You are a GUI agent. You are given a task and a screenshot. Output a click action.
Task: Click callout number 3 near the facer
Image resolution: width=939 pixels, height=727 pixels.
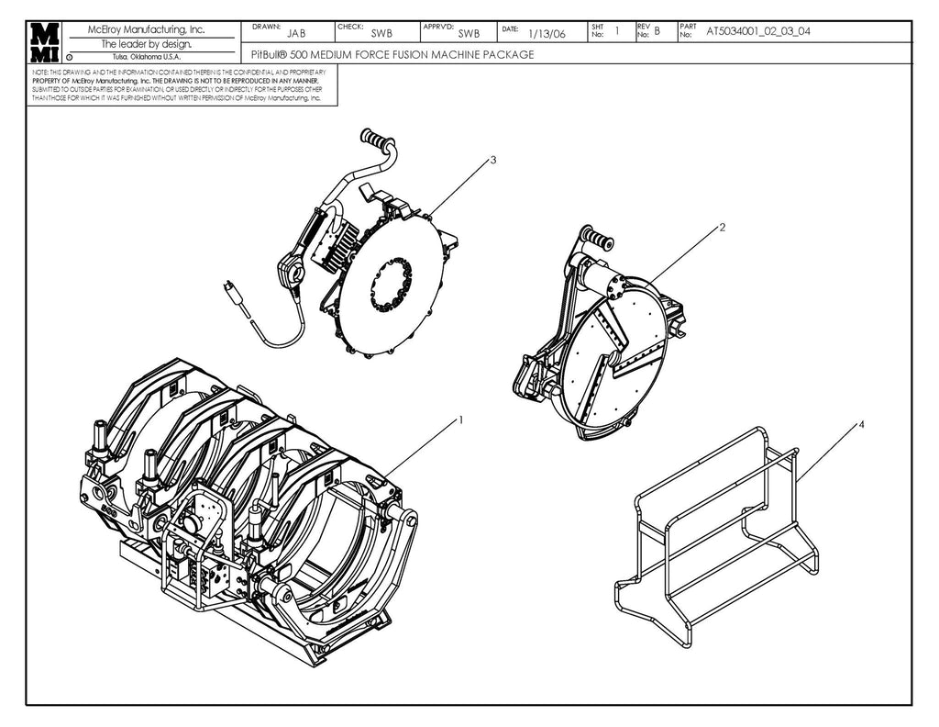click(492, 160)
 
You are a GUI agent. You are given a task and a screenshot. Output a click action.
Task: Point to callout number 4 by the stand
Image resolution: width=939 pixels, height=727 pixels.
click(861, 425)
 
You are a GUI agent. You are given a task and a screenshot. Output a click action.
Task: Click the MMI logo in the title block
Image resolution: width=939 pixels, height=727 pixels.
click(44, 41)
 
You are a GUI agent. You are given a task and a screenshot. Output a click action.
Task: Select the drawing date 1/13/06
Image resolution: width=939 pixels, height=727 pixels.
click(547, 34)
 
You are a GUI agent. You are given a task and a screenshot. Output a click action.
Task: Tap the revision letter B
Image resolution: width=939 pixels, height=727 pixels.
click(657, 32)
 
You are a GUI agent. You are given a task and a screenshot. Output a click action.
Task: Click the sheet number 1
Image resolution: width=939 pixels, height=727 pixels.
click(617, 31)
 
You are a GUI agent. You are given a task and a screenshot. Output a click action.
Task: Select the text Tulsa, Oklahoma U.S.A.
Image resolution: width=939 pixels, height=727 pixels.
click(147, 57)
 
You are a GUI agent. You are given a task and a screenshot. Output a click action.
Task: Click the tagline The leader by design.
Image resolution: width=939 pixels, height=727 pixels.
click(146, 44)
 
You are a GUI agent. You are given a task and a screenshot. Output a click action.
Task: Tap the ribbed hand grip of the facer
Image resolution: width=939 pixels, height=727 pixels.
click(375, 141)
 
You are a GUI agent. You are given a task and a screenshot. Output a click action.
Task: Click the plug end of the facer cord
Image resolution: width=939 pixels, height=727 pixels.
click(234, 292)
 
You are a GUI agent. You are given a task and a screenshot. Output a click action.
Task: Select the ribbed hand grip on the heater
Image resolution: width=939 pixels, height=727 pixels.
click(599, 240)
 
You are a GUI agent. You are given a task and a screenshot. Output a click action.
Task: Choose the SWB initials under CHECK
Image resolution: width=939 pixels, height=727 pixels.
click(381, 34)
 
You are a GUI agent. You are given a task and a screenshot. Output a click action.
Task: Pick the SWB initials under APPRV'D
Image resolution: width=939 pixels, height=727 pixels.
click(469, 34)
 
